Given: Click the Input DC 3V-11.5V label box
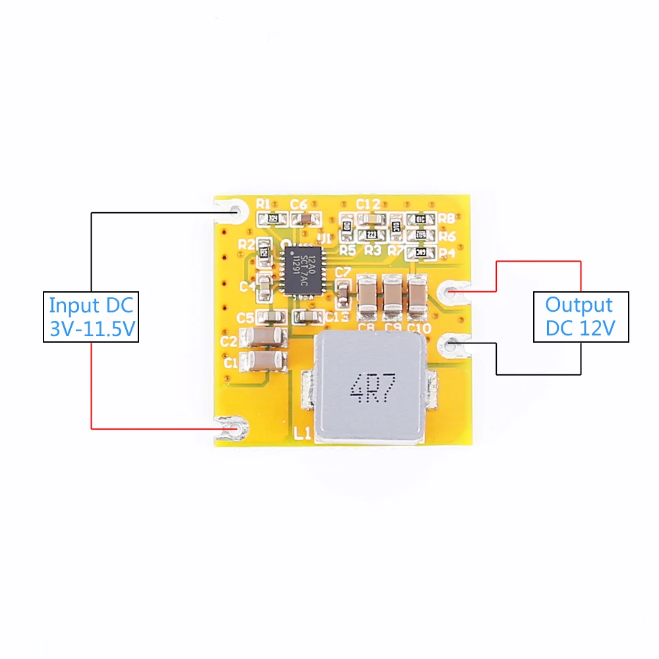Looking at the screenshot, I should [91, 316].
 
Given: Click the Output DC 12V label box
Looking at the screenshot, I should [580, 316].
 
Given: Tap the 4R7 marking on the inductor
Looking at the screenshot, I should [373, 390].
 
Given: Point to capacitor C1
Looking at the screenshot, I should [264, 360].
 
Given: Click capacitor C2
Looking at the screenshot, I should [264, 339].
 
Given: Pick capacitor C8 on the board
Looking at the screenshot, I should [367, 294].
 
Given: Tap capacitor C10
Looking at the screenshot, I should [417, 294].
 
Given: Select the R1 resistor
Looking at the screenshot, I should [276, 218].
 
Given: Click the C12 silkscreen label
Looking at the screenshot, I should [368, 204].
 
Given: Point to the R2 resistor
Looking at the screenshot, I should [264, 251].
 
